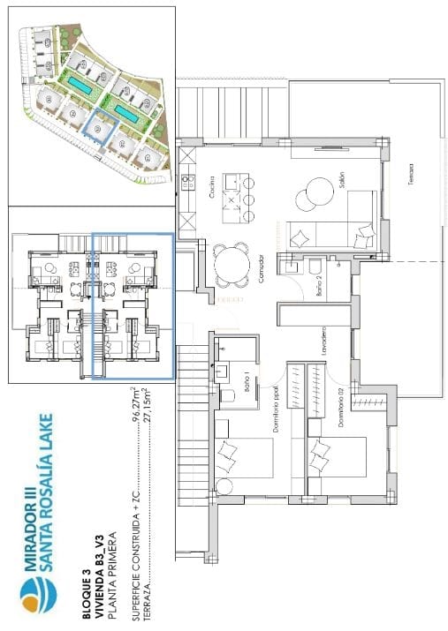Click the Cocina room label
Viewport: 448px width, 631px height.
213,186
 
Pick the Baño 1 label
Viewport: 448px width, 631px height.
245,384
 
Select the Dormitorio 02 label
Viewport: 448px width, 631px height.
338,405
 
